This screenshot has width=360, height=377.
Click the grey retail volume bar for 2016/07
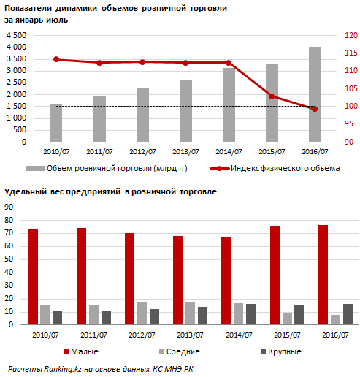coord(315,94)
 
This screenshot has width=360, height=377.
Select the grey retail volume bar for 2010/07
coord(56,123)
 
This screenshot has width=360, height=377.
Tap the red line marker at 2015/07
coord(272,96)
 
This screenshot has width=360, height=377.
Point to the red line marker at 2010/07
coord(56,59)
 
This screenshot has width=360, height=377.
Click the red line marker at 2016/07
coord(315,109)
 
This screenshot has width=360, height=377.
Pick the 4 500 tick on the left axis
coord(16,35)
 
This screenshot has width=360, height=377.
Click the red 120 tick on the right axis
coord(351,35)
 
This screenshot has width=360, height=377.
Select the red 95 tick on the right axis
coord(349,124)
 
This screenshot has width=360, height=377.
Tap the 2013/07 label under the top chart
coord(185,152)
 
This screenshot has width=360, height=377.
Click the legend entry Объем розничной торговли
coord(107,168)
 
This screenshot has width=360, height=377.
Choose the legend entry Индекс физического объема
coord(275,168)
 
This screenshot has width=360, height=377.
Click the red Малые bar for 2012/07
coord(129,279)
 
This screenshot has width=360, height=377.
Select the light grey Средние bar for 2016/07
coord(335,320)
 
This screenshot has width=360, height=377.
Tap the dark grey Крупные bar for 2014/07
coord(250,314)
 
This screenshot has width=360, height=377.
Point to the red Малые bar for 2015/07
coord(275,275)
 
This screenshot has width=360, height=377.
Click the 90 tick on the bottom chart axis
coord(9,207)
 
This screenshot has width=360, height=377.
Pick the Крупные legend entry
coord(281,351)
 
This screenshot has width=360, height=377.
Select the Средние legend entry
coord(180,351)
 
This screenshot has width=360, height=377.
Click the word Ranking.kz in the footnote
coord(63,369)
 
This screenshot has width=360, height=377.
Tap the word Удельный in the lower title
coord(26,191)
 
